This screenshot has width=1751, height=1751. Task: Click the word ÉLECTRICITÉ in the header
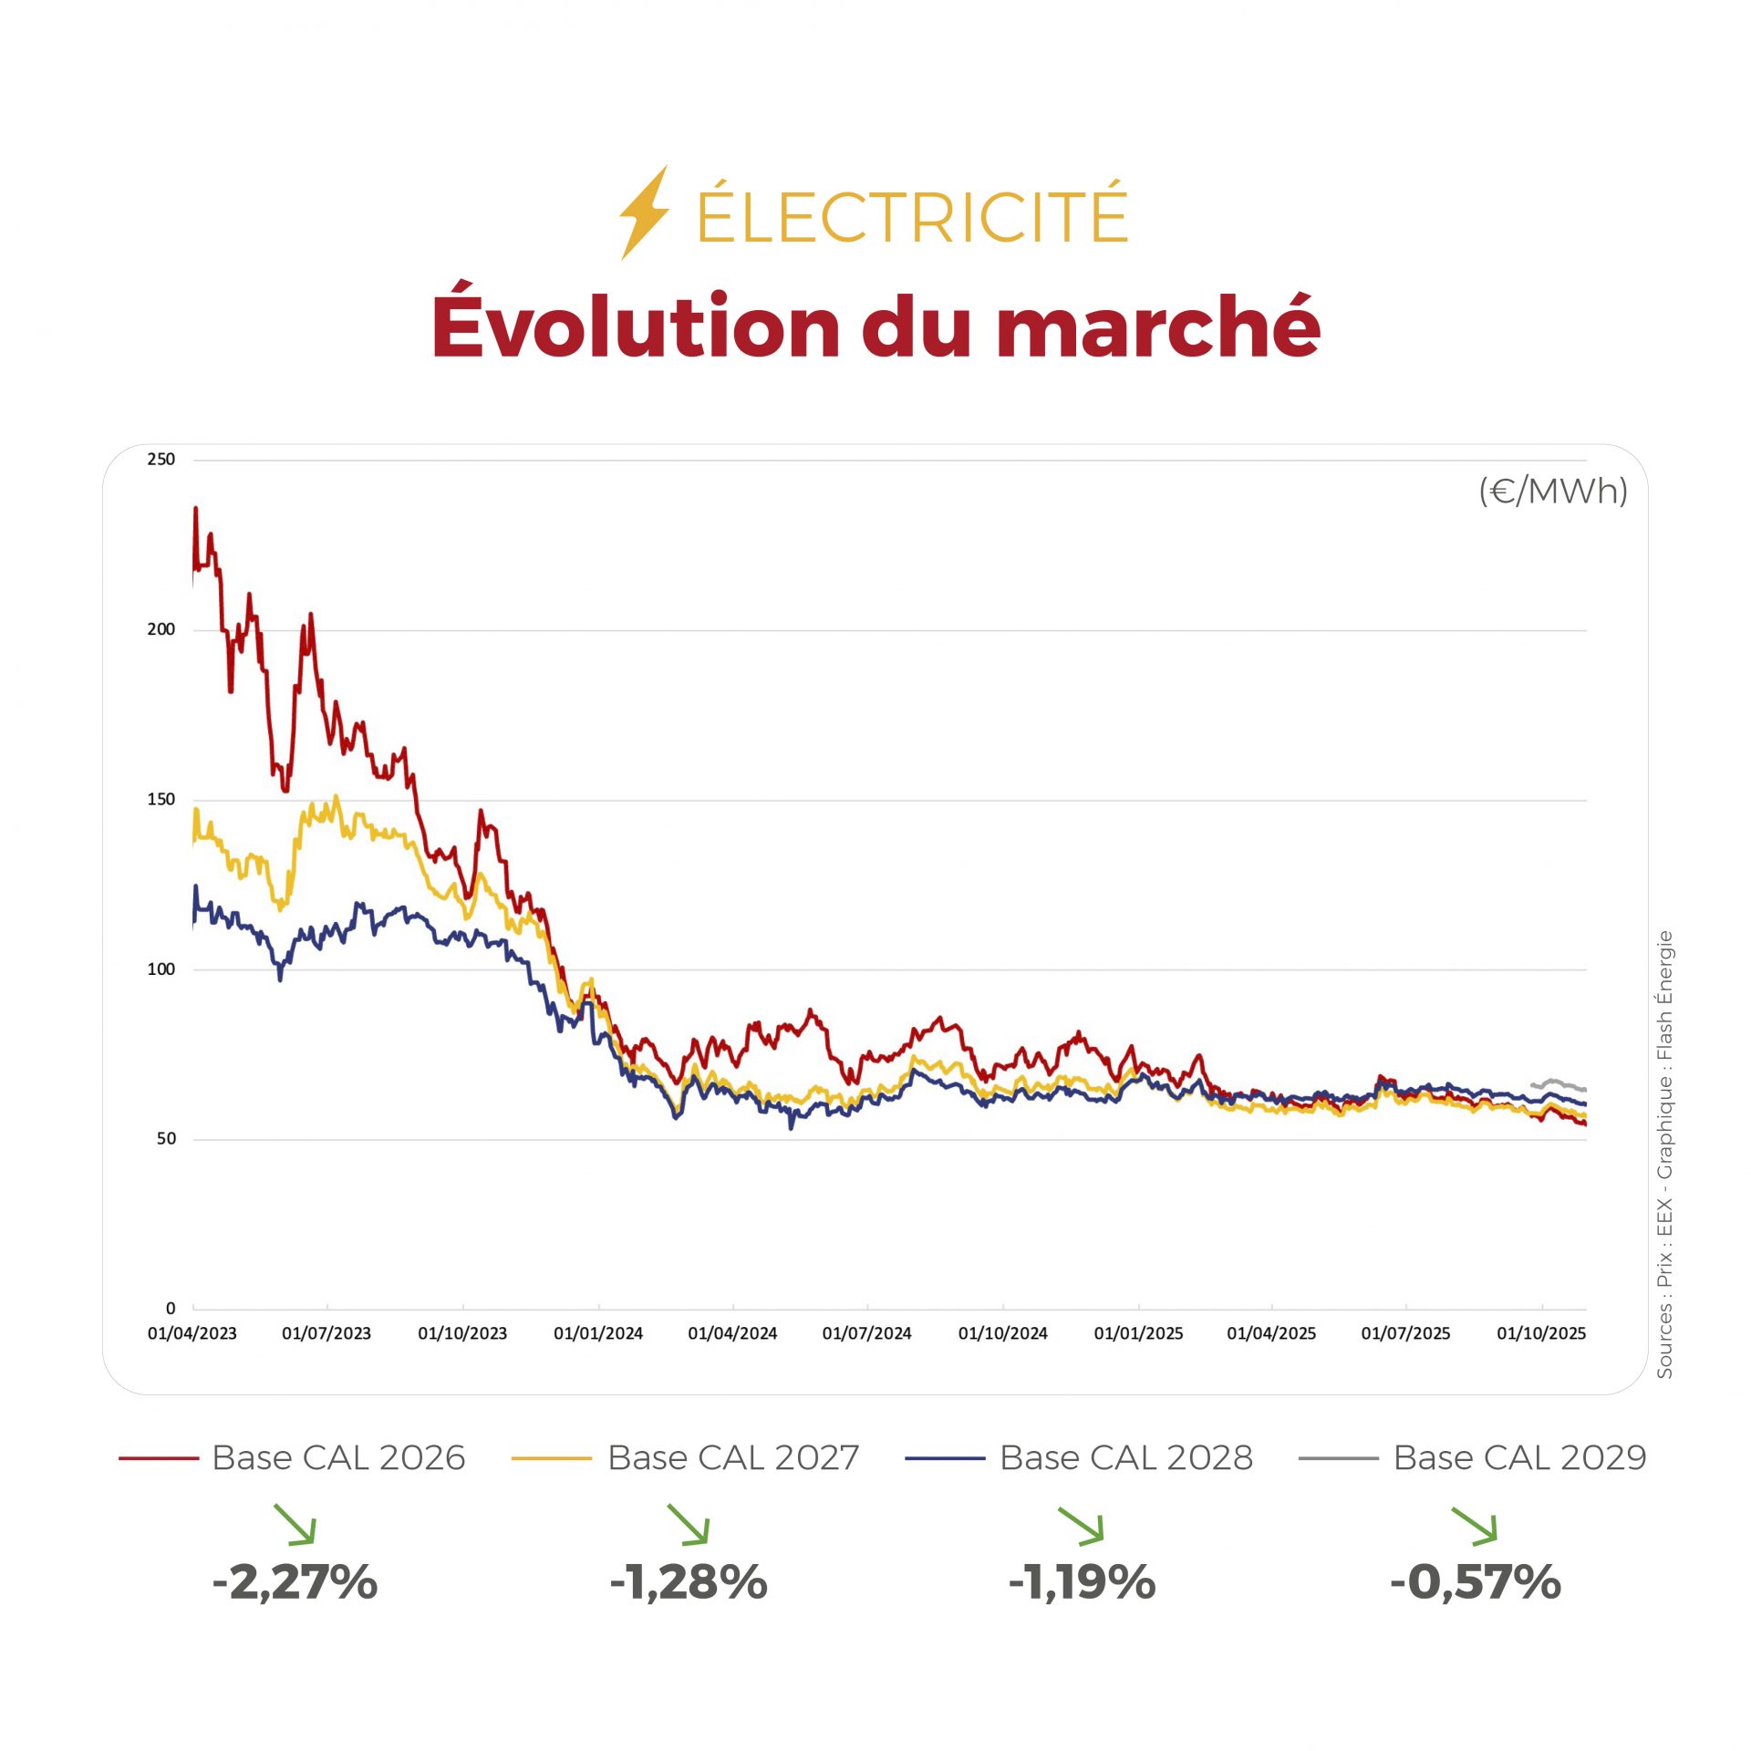tap(912, 215)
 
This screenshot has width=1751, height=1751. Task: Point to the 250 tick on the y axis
tap(161, 460)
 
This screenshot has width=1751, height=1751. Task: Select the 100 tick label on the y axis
tap(161, 969)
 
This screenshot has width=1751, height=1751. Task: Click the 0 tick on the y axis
tap(171, 1309)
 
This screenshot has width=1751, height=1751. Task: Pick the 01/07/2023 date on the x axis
tap(326, 1333)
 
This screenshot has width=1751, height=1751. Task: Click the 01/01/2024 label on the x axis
tap(598, 1333)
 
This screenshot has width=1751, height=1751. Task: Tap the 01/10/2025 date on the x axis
tap(1541, 1333)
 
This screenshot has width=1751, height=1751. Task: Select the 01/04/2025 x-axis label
tap(1271, 1333)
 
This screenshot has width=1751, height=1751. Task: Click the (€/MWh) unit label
tap(1552, 492)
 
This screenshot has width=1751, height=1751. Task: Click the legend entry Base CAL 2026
tap(338, 1458)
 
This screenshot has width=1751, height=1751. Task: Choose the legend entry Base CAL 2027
tap(733, 1458)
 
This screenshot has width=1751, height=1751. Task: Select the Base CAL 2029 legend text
tap(1519, 1458)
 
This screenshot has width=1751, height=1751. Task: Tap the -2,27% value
tap(295, 1581)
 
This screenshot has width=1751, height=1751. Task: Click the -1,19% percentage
tap(1082, 1581)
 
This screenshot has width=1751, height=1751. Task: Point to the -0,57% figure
tap(1475, 1581)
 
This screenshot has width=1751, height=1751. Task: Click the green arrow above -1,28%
tap(689, 1525)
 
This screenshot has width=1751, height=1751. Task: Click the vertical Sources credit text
tap(1664, 1154)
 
